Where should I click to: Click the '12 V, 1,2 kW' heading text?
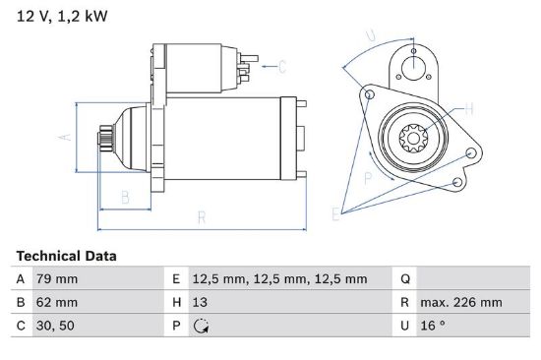tap(62, 16)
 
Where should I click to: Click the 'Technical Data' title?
tap(66, 256)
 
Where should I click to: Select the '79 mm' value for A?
tap(57, 279)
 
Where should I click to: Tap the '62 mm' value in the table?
tap(57, 302)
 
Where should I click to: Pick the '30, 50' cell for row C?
tap(55, 326)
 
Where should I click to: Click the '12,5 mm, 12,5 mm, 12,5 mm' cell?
tap(279, 279)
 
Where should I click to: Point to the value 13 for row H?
tap(200, 302)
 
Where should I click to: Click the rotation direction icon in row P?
tap(201, 326)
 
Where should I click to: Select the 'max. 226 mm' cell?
tap(461, 302)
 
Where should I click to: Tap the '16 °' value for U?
tap(433, 326)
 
